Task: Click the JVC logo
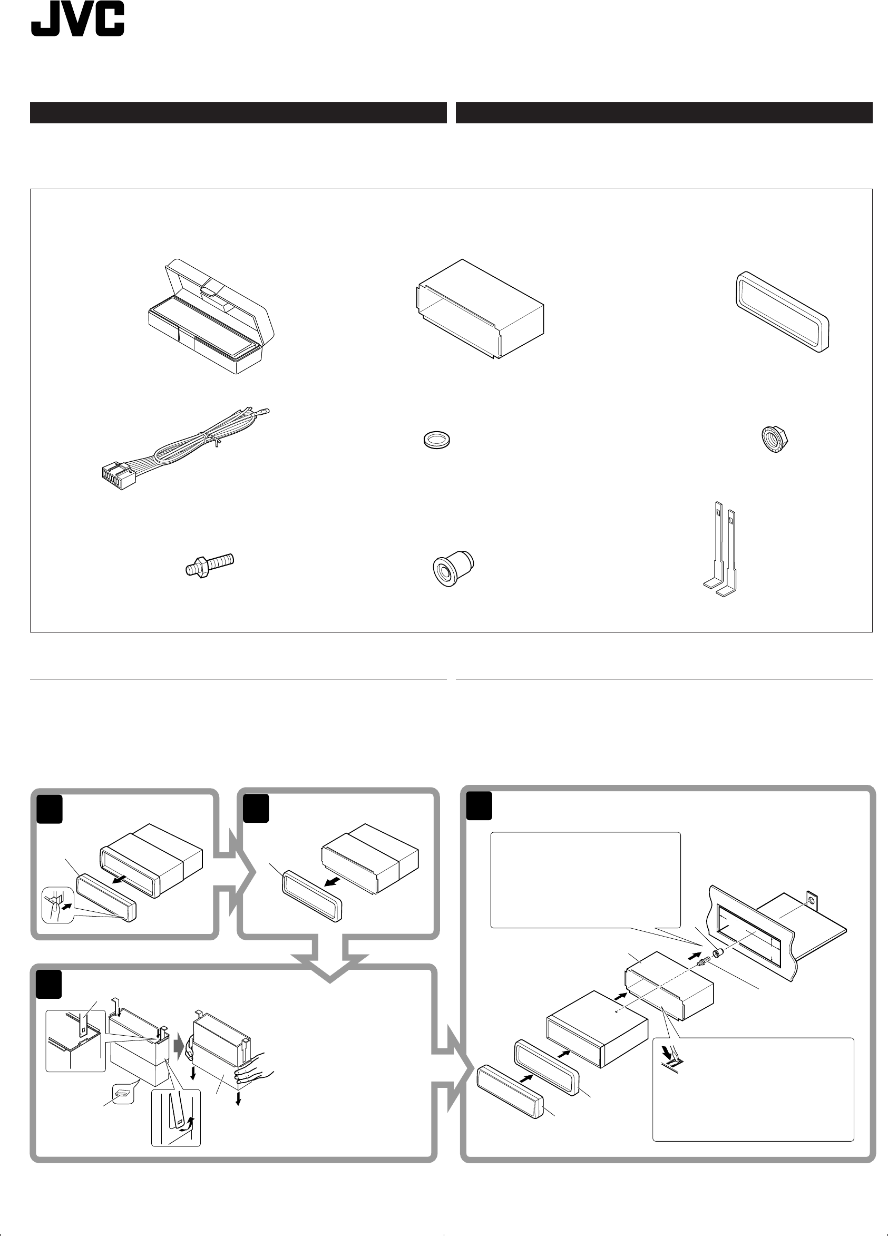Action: pyautogui.click(x=77, y=20)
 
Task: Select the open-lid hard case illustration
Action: pyautogui.click(x=211, y=316)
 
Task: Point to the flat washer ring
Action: pyautogui.click(x=438, y=439)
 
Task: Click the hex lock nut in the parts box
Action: pyautogui.click(x=774, y=437)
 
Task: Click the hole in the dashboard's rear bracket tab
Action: pyautogui.click(x=811, y=900)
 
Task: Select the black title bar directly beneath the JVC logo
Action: pyautogui.click(x=238, y=113)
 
